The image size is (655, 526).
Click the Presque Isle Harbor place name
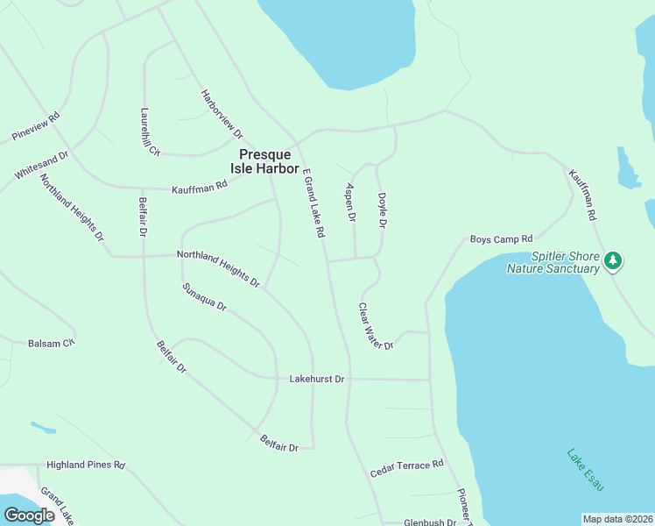pyautogui.click(x=269, y=160)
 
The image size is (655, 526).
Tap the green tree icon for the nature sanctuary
pyautogui.click(x=614, y=260)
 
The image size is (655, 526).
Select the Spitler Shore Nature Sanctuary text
pyautogui.click(x=553, y=262)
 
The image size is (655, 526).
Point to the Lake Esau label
pyautogui.click(x=585, y=470)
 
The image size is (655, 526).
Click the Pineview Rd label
pyautogui.click(x=36, y=127)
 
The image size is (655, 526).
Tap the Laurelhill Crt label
pyautogui.click(x=150, y=132)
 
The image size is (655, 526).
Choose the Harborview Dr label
pyautogui.click(x=222, y=114)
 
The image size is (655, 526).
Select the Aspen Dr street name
pyautogui.click(x=350, y=202)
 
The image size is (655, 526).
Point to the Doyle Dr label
pyautogui.click(x=382, y=211)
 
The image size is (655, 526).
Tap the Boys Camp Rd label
pyautogui.click(x=501, y=238)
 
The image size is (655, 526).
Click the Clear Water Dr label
pyautogui.click(x=376, y=326)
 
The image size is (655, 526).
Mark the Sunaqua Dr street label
pyautogui.click(x=204, y=297)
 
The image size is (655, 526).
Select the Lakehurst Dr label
pyautogui.click(x=317, y=379)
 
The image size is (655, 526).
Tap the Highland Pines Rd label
pyautogui.click(x=86, y=465)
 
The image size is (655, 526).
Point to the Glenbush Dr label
pyautogui.click(x=430, y=522)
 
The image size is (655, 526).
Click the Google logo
pyautogui.click(x=29, y=515)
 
